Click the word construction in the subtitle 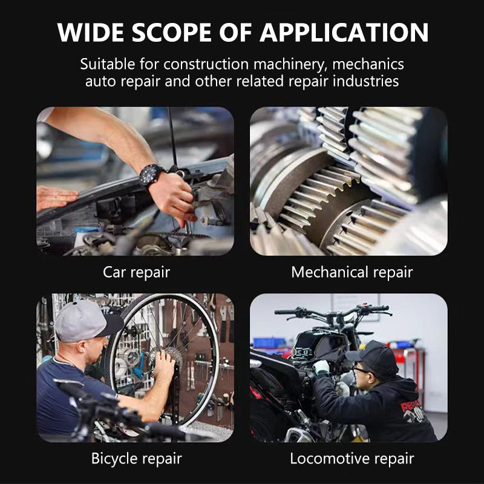click(x=202, y=64)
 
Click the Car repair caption click(x=136, y=272)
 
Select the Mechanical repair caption click(x=352, y=272)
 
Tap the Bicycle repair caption click(x=136, y=459)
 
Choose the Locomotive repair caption click(x=352, y=459)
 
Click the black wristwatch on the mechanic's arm click(x=151, y=175)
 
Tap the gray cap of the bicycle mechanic click(x=82, y=319)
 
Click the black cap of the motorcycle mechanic click(x=374, y=357)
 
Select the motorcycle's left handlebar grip click(x=286, y=312)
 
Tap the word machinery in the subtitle click(x=292, y=64)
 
